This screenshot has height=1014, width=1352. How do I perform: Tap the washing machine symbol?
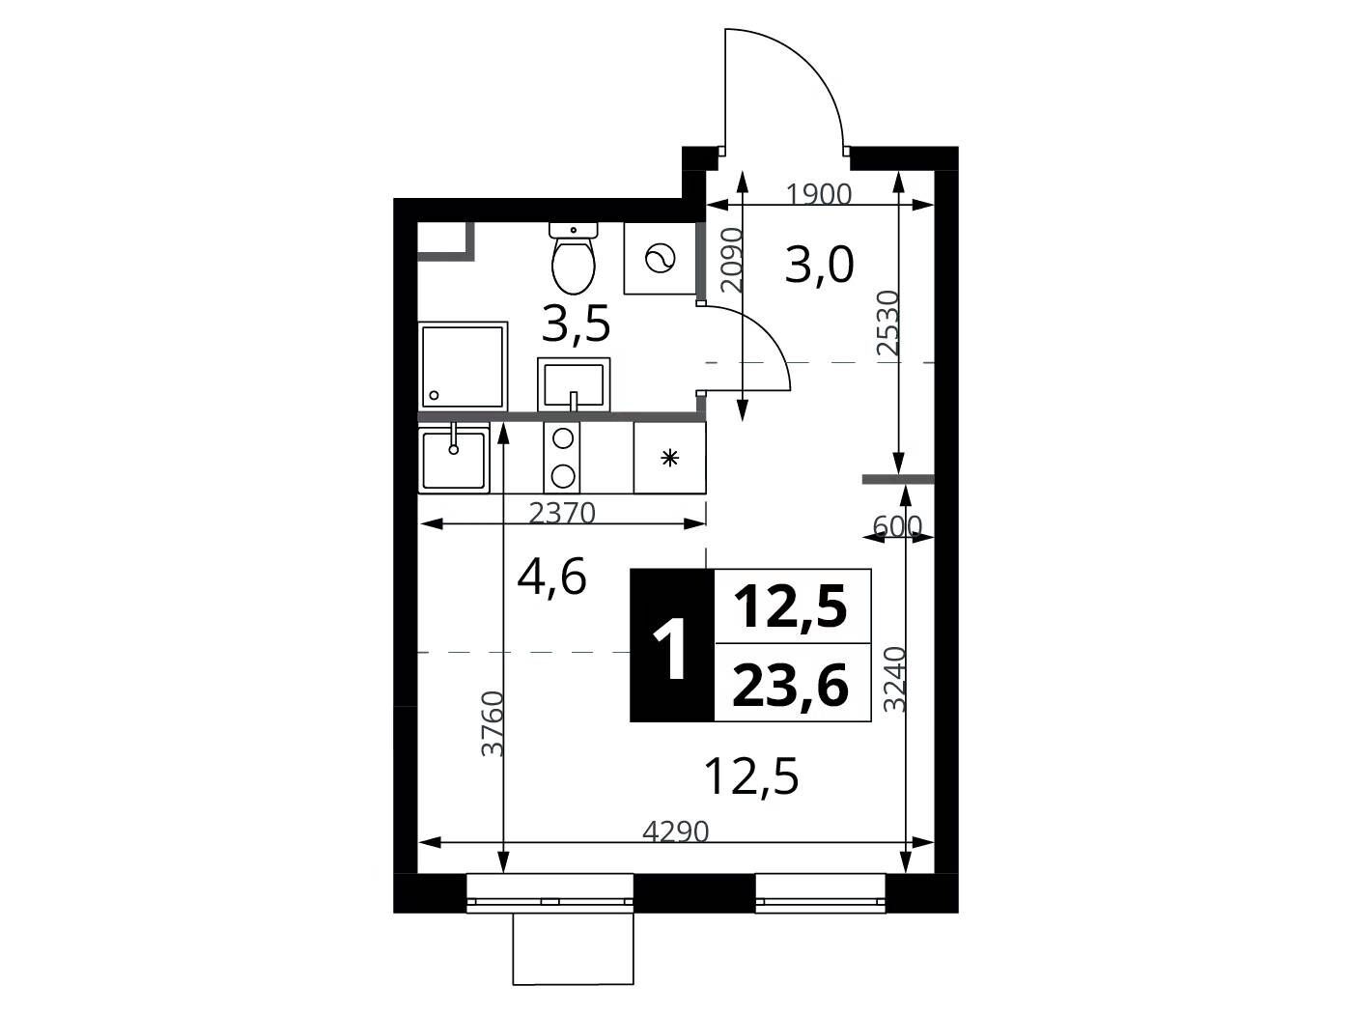click(x=660, y=259)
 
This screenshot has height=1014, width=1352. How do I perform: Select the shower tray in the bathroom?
click(x=463, y=366)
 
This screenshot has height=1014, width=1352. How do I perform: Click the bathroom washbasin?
click(x=574, y=384)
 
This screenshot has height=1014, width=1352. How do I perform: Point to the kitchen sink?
click(x=454, y=458)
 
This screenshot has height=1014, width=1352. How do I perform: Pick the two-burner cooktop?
click(x=562, y=458)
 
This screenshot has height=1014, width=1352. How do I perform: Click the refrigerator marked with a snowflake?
click(x=669, y=458)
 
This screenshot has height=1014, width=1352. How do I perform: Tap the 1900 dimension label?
click(x=819, y=194)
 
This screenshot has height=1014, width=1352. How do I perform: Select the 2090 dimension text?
click(x=733, y=260)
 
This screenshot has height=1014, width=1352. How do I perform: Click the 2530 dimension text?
click(x=888, y=323)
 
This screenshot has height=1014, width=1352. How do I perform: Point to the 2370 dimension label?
click(x=562, y=512)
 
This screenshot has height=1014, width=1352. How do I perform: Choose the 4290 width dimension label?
click(x=676, y=831)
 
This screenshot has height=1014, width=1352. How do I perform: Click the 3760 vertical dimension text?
click(x=493, y=723)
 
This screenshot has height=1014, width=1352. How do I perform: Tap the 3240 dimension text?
click(x=895, y=679)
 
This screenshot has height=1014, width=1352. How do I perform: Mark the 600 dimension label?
click(x=897, y=525)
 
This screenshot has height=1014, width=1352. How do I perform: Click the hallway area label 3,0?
click(x=819, y=265)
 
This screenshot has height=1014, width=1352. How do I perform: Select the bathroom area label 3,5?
click(x=576, y=324)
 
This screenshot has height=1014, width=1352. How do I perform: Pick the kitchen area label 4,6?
click(x=551, y=578)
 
